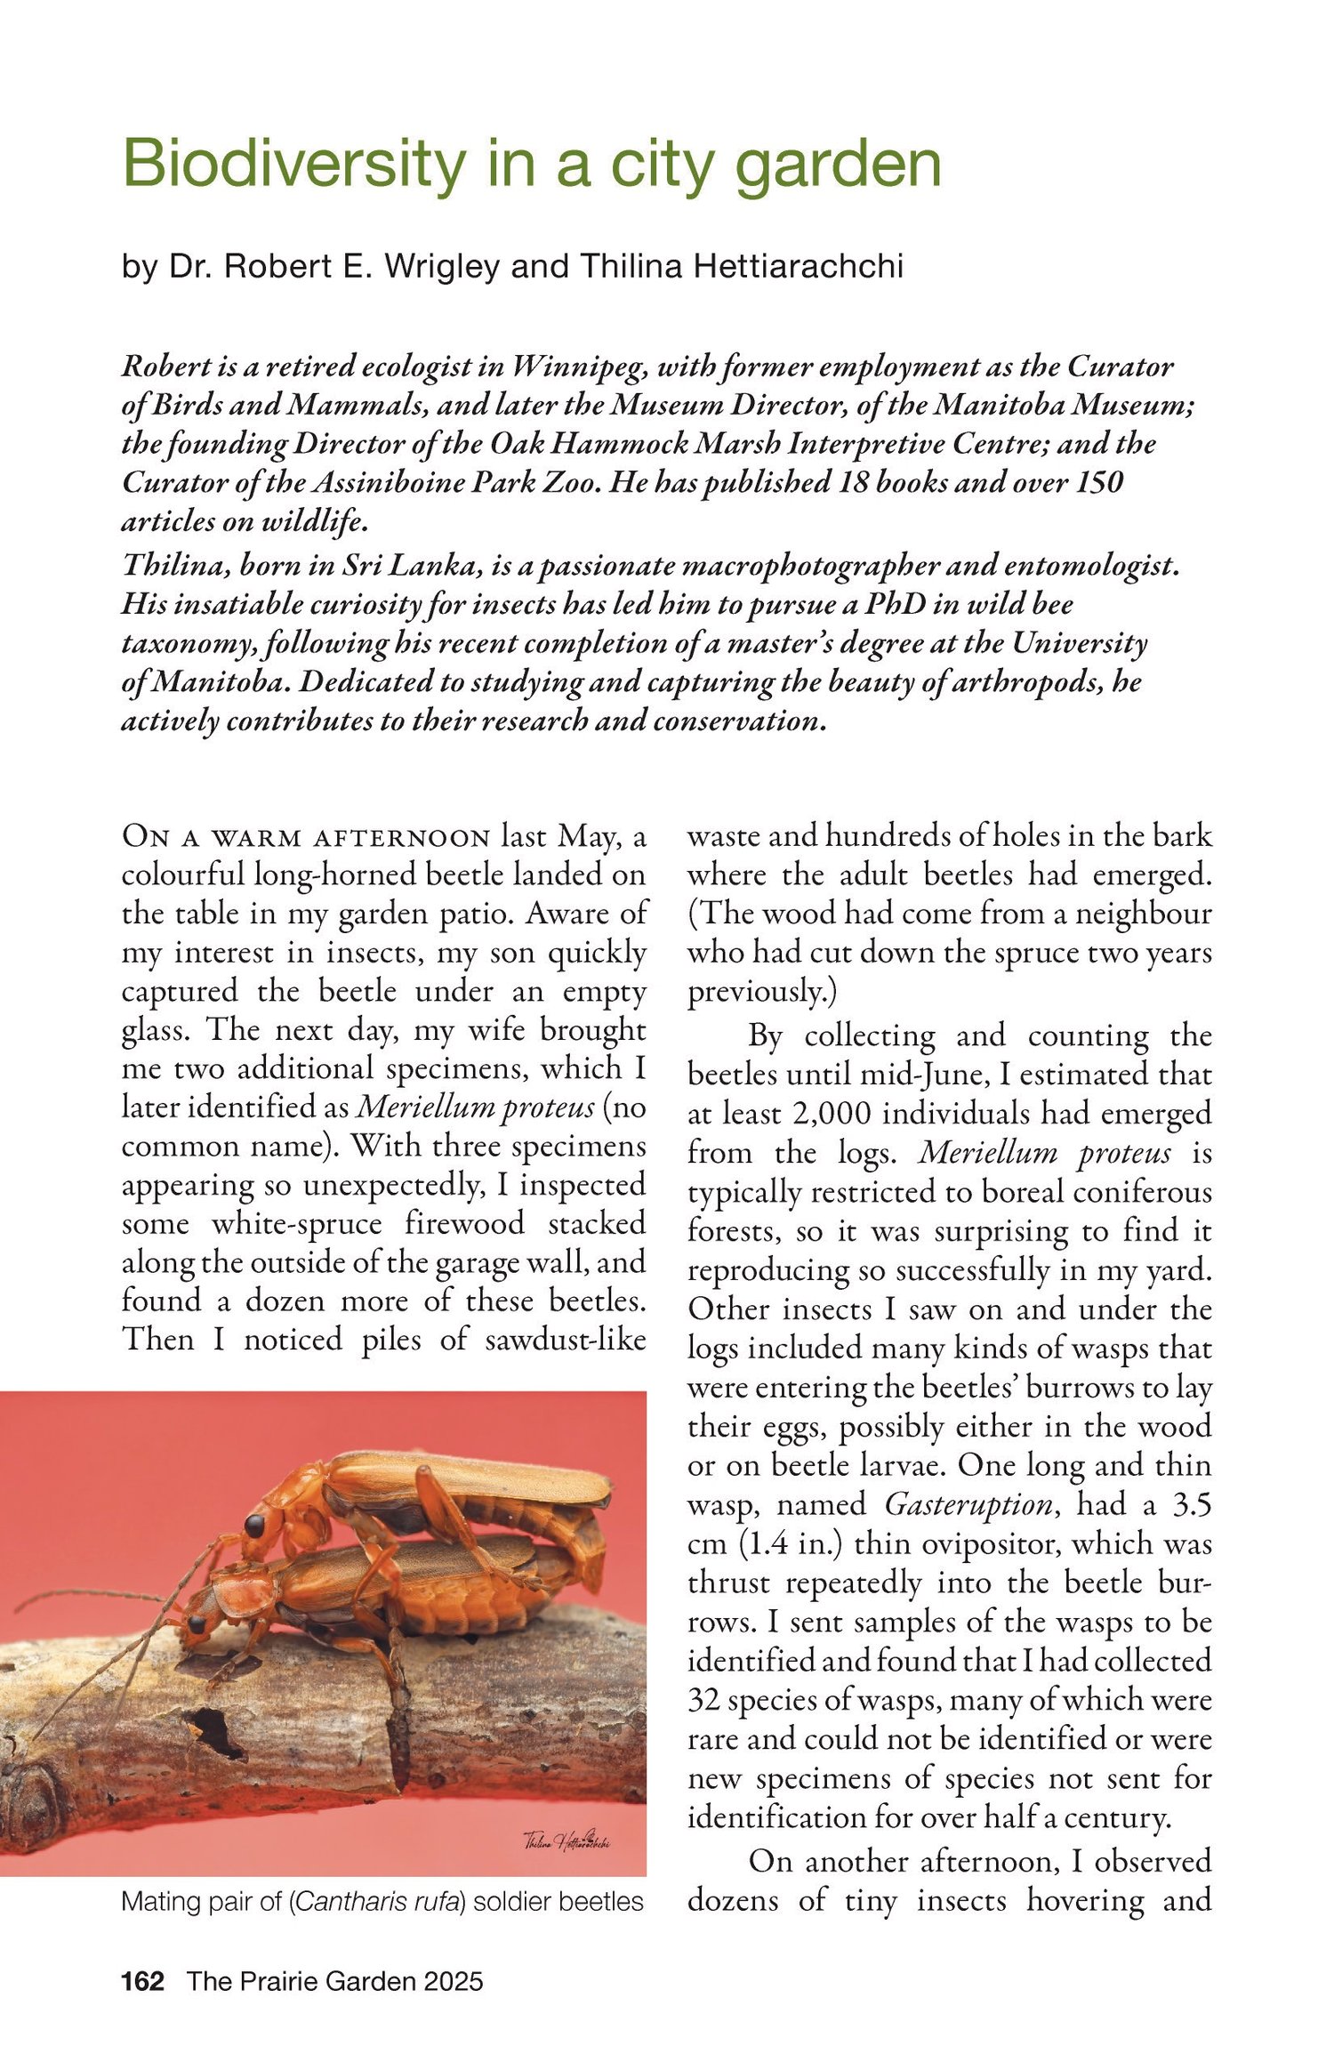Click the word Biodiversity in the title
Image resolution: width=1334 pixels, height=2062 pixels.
point(293,165)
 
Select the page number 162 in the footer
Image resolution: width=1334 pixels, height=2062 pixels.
point(143,1980)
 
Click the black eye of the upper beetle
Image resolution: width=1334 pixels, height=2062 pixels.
point(254,1525)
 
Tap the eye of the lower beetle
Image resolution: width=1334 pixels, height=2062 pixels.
point(197,1623)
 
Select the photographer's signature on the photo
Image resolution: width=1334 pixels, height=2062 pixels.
point(567,1840)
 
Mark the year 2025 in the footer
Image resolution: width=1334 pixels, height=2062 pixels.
point(454,1980)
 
